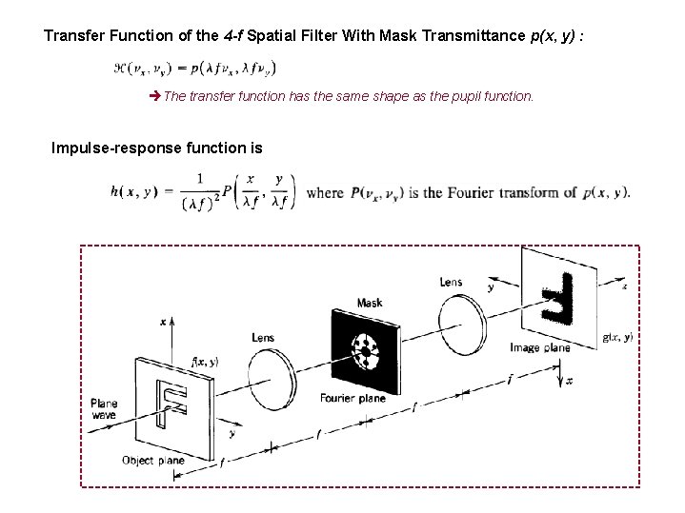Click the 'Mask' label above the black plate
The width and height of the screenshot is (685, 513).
coord(370,304)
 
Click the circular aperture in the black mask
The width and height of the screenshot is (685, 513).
coord(364,350)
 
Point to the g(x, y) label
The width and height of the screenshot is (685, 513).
coord(617,337)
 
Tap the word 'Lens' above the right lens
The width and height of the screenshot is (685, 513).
coord(452,282)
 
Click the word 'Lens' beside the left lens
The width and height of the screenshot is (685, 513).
coord(263,337)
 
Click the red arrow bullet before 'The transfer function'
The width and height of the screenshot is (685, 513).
coord(157,97)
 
